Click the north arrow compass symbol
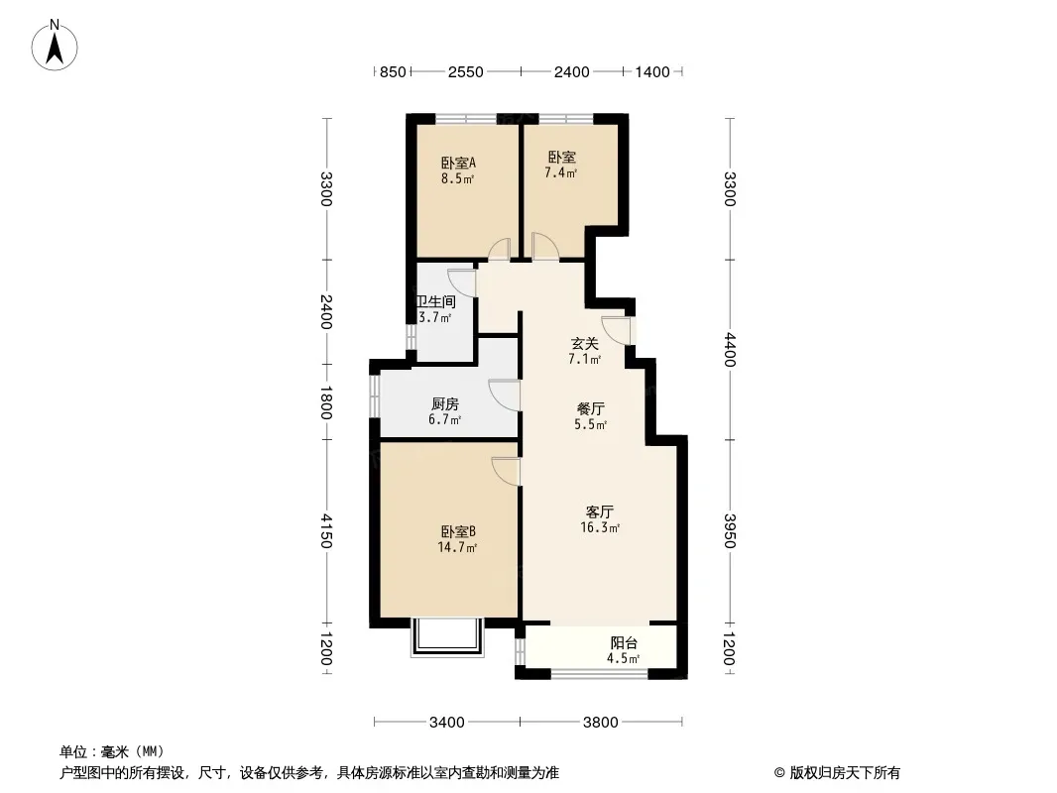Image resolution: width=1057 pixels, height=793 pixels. [55, 46]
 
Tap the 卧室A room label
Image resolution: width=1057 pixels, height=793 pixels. [458, 163]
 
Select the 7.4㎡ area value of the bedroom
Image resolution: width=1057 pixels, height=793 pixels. [561, 173]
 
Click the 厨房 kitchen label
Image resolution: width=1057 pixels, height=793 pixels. [445, 404]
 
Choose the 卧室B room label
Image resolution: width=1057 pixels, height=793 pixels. [458, 532]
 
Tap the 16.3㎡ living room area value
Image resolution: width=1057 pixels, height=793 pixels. [600, 528]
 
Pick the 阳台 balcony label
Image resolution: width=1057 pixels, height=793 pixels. [624, 643]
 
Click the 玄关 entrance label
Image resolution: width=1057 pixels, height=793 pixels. [584, 344]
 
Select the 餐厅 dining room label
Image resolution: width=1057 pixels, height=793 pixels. [591, 409]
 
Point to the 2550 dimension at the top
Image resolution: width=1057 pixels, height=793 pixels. [466, 71]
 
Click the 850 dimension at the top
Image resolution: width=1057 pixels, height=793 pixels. [393, 71]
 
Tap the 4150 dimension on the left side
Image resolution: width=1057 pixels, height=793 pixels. [326, 531]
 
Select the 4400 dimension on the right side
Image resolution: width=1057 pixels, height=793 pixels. [730, 350]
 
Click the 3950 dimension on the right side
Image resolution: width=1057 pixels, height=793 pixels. [730, 531]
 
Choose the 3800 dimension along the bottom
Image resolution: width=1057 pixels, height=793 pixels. [601, 723]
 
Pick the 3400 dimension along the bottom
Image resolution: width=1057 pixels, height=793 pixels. [447, 723]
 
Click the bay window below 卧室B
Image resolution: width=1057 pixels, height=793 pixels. [447, 637]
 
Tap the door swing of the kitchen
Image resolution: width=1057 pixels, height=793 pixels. [505, 396]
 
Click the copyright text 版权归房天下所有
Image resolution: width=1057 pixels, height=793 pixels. [844, 773]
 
